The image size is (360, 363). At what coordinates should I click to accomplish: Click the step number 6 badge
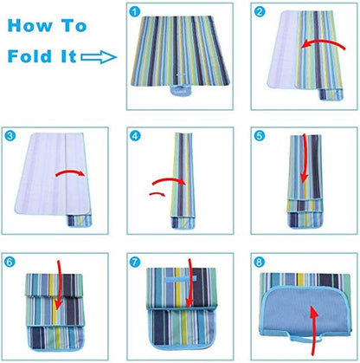coord(10,260)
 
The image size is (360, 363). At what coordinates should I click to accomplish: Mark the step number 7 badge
coord(134,260)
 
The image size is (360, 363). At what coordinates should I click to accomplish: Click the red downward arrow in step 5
coord(305,170)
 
